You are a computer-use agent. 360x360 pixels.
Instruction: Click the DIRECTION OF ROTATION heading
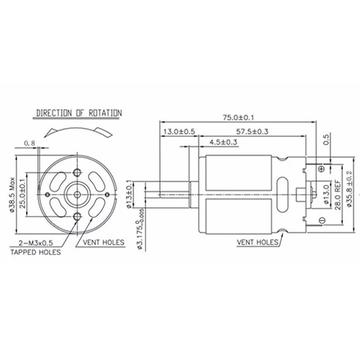click(79, 113)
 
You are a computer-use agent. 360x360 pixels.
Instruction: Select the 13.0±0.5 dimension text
click(179, 132)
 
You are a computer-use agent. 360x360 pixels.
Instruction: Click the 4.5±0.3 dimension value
click(224, 142)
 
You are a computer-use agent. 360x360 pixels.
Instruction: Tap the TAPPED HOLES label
click(36, 252)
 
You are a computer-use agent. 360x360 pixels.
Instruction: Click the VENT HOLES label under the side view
click(258, 242)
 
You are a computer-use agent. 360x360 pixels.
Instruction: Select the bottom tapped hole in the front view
click(78, 217)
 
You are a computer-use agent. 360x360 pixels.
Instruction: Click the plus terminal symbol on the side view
click(321, 168)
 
